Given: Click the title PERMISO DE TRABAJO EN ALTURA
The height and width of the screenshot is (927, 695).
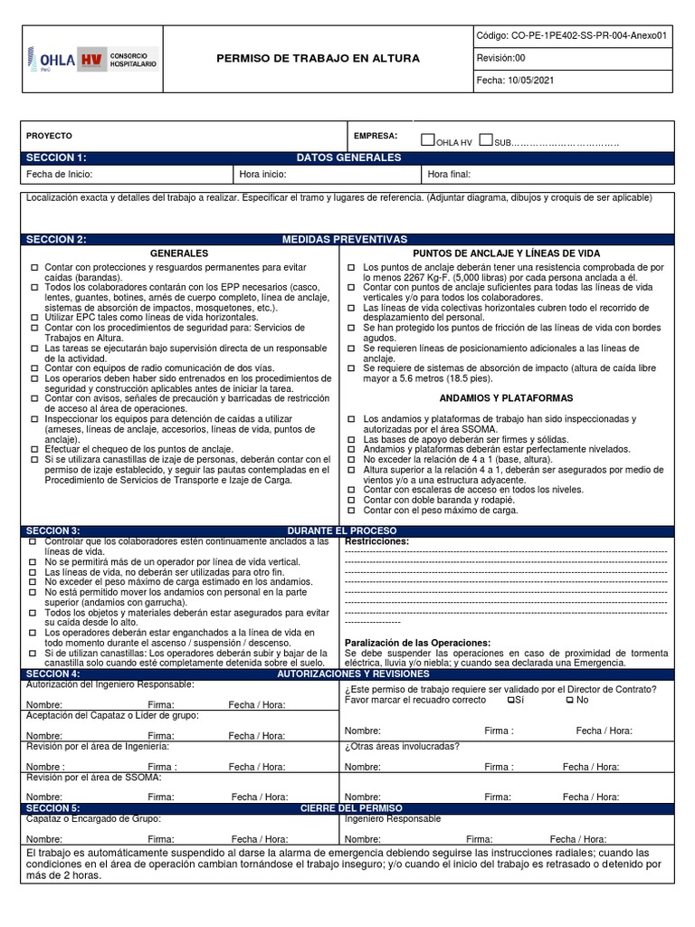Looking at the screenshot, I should [318, 59].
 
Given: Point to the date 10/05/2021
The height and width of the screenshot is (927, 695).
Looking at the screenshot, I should [531, 80].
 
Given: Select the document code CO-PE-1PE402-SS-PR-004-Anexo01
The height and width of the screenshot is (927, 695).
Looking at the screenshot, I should [572, 36].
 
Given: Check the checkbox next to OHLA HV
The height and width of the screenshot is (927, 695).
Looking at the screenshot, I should [428, 140].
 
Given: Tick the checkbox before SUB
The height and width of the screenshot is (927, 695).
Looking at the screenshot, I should [486, 140].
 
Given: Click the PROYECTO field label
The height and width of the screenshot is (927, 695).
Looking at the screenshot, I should [49, 135].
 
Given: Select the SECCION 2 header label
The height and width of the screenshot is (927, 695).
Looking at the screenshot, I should [56, 239].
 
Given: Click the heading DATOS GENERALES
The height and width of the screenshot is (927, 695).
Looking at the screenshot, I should [348, 158].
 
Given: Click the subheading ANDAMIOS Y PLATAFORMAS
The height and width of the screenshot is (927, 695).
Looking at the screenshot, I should [506, 398].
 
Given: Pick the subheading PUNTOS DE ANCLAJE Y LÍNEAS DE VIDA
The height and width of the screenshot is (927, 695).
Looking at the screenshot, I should [506, 253].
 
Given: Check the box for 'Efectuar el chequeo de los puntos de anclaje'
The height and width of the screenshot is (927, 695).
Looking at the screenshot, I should [34, 448].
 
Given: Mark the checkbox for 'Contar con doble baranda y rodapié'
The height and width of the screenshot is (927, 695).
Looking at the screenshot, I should [353, 500].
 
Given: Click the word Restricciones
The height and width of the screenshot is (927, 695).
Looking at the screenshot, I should [376, 541].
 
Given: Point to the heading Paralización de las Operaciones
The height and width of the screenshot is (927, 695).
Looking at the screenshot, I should [417, 643].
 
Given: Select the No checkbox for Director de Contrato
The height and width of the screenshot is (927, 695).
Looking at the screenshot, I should [568, 700].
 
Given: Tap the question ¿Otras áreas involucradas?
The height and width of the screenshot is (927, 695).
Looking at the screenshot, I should [402, 747].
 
